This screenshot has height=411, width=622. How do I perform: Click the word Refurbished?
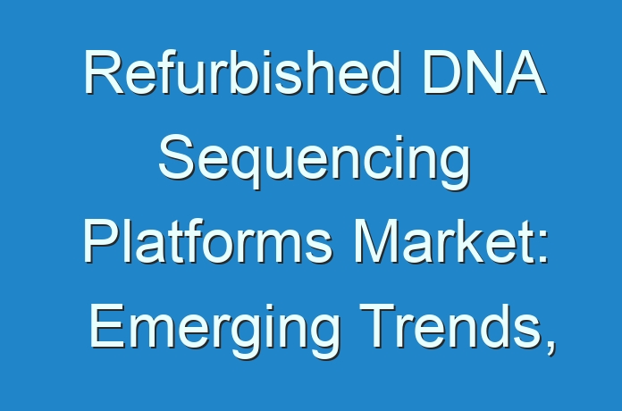(x=241, y=72)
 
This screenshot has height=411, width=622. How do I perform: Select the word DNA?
(x=484, y=72)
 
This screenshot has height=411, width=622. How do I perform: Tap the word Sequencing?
(x=315, y=160)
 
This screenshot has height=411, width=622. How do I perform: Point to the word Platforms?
(x=207, y=241)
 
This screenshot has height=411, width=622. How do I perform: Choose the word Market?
(x=445, y=241)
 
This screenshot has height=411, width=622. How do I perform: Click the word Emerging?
(x=215, y=329)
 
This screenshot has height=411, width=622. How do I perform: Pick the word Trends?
(x=449, y=325)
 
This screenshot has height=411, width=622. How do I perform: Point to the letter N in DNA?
(x=483, y=73)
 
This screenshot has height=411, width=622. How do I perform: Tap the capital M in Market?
(x=374, y=241)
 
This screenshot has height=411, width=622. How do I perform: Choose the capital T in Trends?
(x=377, y=325)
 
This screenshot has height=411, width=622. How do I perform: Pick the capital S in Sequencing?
(x=176, y=157)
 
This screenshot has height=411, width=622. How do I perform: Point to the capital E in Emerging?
(x=107, y=325)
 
